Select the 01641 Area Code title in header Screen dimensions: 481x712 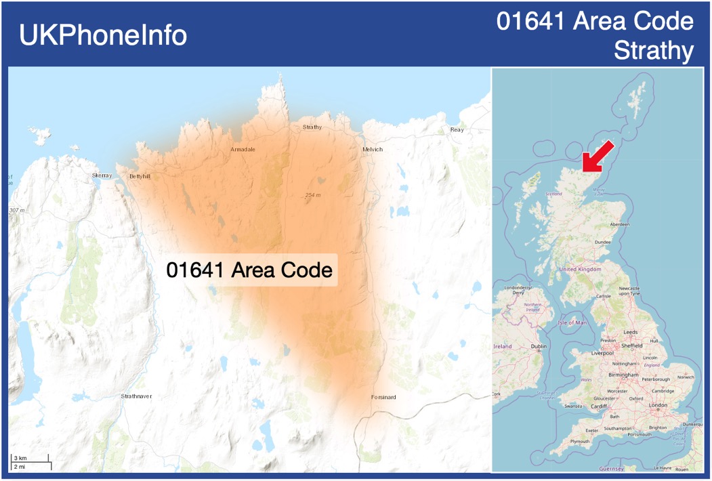(595, 22)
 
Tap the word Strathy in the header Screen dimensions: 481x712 (654, 51)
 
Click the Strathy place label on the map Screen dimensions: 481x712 (312, 127)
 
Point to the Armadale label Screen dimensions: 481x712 (243, 149)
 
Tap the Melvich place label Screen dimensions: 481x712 (373, 149)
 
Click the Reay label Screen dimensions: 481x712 (457, 129)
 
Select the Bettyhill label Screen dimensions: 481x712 (140, 176)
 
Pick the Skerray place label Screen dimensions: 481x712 (102, 175)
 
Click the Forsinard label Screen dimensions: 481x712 (383, 397)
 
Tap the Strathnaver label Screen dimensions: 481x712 (136, 396)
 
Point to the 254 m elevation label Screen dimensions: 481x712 (312, 195)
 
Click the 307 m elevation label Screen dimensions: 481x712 (17, 210)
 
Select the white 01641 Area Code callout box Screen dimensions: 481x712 (249, 270)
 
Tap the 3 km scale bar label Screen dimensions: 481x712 (20, 459)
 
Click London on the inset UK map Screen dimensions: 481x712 (658, 405)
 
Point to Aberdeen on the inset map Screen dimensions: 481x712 (619, 224)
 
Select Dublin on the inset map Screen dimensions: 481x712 (539, 346)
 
